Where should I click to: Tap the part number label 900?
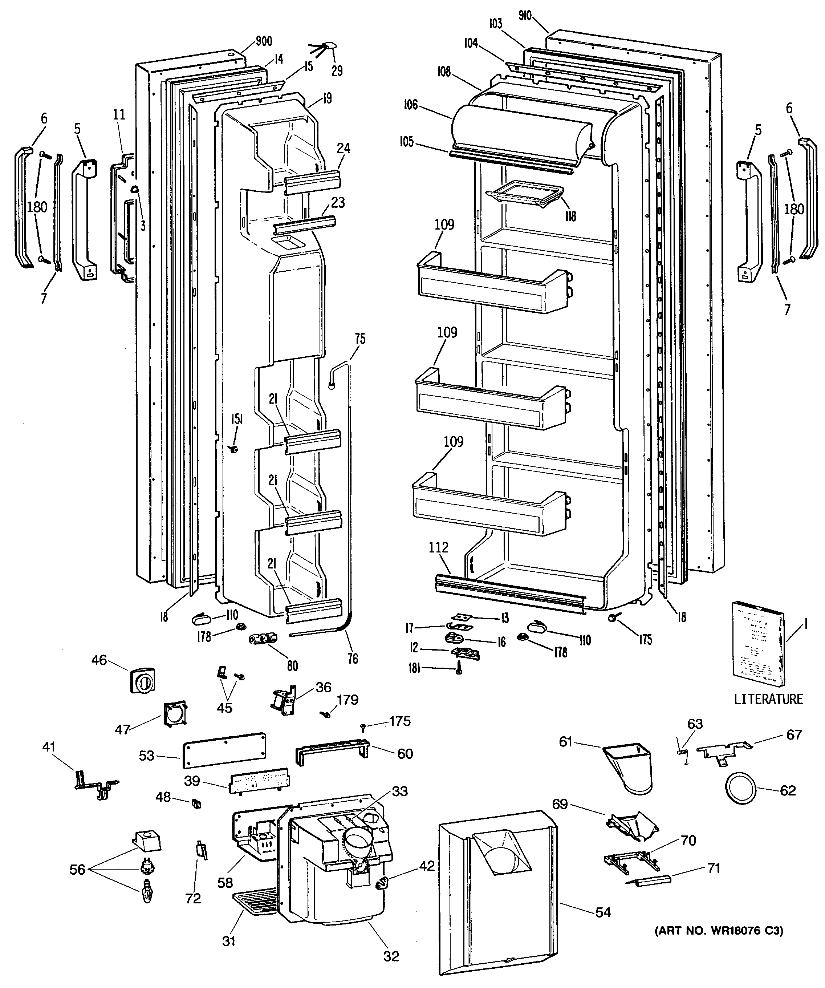point(264,41)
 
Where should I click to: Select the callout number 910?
point(525,16)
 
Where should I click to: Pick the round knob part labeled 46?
point(142,680)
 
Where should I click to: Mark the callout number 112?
point(438,547)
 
